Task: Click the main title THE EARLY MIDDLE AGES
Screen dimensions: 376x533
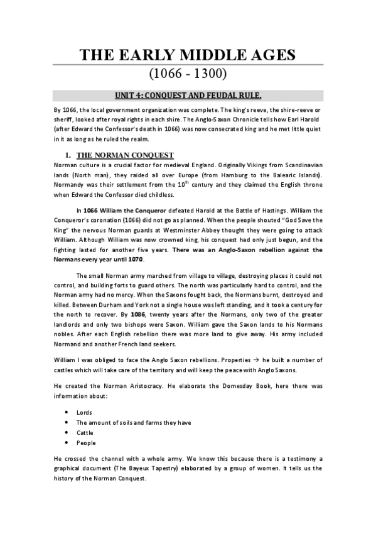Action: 188,56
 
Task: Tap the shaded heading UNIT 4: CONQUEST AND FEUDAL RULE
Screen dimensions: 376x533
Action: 188,96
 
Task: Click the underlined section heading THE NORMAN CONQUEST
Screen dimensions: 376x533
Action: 124,155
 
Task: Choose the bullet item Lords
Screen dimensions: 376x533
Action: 84,413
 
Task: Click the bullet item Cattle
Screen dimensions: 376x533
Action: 85,432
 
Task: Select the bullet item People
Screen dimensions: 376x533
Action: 85,442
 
